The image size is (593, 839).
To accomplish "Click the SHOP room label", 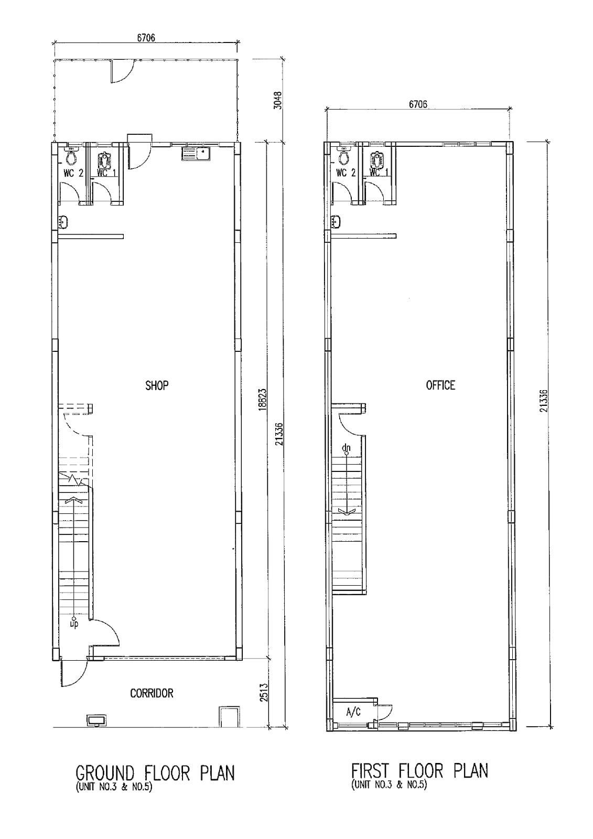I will (x=157, y=385).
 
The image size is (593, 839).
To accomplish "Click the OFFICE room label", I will (x=440, y=385).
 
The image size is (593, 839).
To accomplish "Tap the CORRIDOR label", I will (x=152, y=693).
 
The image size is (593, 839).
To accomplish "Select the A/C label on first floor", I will (x=353, y=712).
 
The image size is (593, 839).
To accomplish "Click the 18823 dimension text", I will (x=263, y=401).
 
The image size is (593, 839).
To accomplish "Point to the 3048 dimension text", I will (x=278, y=100).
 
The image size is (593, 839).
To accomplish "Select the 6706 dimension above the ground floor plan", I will (x=146, y=38).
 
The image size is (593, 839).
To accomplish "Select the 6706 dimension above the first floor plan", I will (x=418, y=104).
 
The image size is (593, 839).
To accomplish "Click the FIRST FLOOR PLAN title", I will (x=419, y=771).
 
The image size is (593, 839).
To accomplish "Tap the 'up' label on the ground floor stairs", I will (x=74, y=625).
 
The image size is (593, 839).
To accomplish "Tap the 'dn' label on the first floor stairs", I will (x=346, y=448).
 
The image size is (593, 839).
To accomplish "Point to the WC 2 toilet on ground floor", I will (x=72, y=155).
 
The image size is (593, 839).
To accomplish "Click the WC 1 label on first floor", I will (x=379, y=172).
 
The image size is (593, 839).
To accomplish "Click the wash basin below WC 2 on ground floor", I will (x=63, y=222).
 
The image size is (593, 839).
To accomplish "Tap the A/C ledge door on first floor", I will (x=385, y=712).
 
